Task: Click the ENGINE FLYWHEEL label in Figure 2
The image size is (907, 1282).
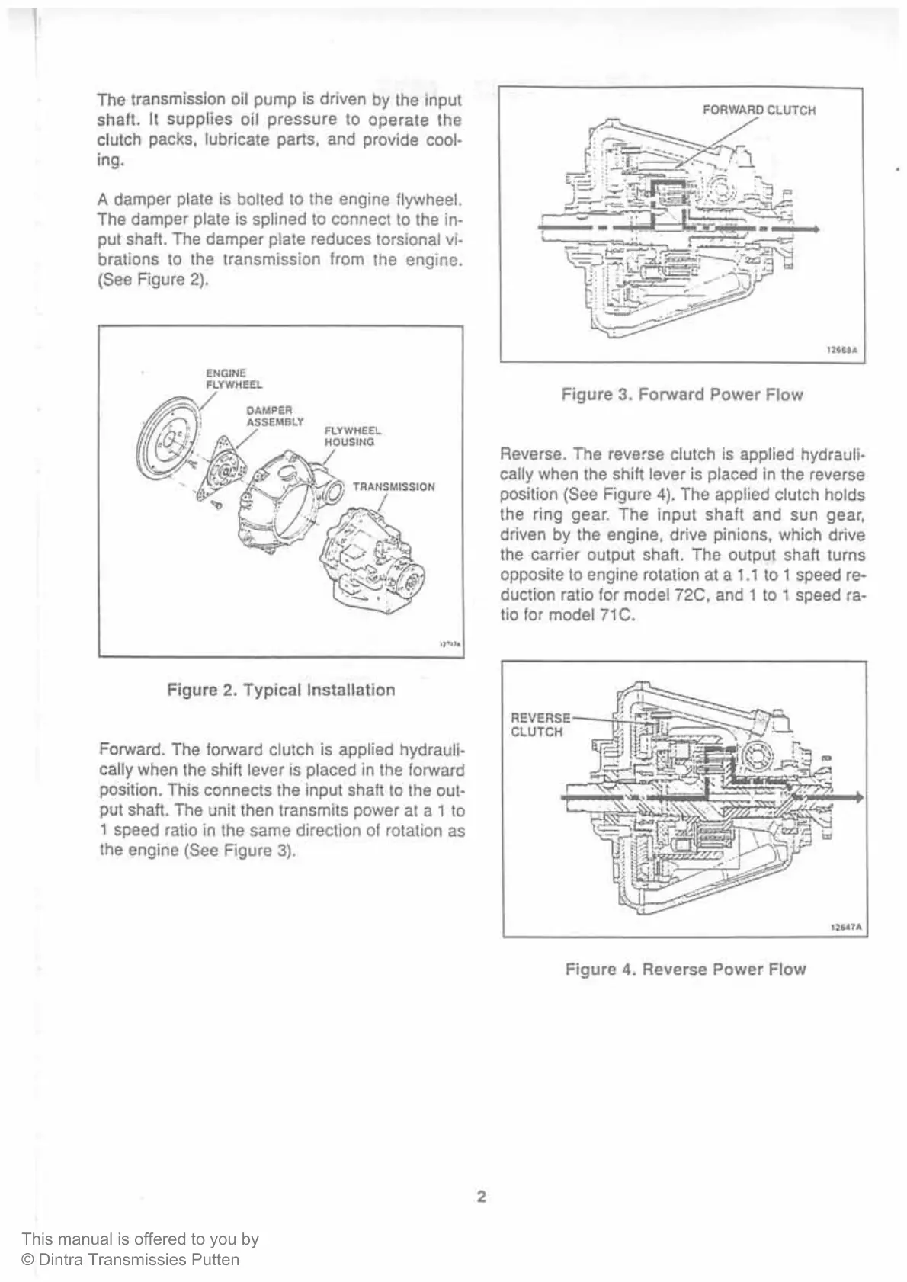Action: tap(234, 379)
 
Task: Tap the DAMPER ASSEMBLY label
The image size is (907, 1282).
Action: tap(274, 415)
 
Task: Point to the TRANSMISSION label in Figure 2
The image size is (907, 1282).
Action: tap(393, 486)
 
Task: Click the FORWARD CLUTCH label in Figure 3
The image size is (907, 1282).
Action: tap(758, 110)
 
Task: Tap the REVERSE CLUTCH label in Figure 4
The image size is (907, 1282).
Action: tap(540, 725)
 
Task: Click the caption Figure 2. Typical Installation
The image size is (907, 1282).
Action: tap(280, 690)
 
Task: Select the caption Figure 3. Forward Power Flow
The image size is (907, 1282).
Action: tap(682, 395)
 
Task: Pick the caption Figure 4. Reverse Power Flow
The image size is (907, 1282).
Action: tap(685, 970)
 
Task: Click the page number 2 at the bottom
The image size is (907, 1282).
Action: tap(481, 1197)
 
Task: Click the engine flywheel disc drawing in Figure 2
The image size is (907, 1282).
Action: tap(163, 442)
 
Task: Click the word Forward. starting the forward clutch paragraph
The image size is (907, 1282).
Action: tap(123, 750)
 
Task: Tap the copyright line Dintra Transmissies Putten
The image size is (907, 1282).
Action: tap(131, 1260)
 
